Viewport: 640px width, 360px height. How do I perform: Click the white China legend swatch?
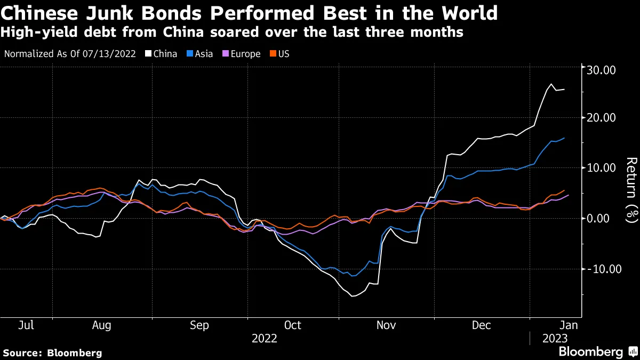click(148, 54)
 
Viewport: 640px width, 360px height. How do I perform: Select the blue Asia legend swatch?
click(190, 54)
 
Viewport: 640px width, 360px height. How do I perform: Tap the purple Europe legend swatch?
click(226, 54)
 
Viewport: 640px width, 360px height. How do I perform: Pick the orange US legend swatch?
click(273, 54)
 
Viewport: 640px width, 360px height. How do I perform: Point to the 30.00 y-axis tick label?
click(601, 70)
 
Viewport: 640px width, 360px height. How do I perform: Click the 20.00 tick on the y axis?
click(601, 118)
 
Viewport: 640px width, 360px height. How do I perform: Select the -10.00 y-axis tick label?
click(604, 269)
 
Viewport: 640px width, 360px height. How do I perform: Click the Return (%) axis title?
click(632, 190)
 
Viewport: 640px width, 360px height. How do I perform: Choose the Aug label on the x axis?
click(101, 325)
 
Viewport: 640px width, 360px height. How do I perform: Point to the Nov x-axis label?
click(386, 325)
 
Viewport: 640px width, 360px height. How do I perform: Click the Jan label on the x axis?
click(569, 325)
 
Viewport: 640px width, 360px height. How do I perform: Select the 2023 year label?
click(555, 339)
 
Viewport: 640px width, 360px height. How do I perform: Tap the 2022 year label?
click(265, 339)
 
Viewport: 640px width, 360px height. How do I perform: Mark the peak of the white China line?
click(551, 84)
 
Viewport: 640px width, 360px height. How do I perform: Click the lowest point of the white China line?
click(352, 297)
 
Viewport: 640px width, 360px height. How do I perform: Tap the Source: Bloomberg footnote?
click(52, 353)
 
